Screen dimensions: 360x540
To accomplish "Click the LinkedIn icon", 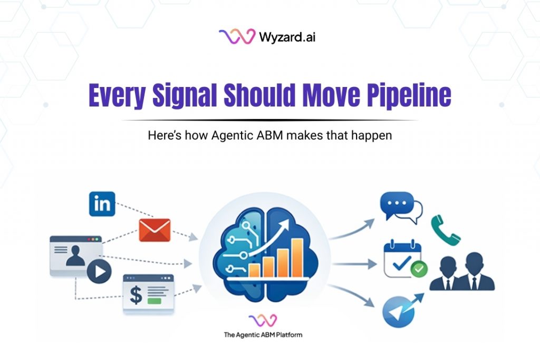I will coord(102,203).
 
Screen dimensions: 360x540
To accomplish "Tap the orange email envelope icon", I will coord(155,230).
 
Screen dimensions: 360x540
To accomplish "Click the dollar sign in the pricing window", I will coord(136,294).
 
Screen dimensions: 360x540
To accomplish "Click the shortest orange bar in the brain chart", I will coord(255,269).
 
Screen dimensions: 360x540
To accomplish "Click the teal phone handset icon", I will coord(445,230).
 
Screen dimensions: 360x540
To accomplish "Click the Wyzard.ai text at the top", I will coord(287,37).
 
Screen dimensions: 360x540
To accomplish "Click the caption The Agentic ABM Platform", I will coord(263,334).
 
